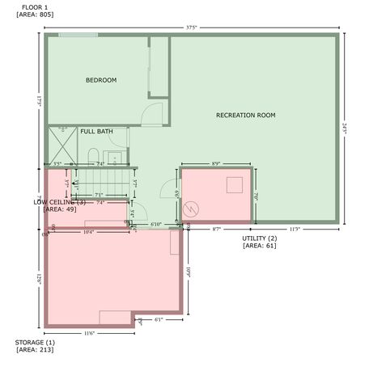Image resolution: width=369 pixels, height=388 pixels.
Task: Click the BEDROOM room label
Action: point(102,80)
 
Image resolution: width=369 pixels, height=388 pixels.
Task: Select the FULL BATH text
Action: point(96,131)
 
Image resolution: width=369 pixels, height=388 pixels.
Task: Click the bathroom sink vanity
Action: point(114,157)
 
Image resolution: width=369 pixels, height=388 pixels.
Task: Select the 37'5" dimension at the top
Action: point(191,27)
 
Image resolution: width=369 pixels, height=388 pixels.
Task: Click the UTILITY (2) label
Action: point(260,238)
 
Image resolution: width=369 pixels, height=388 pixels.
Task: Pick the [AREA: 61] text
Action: point(260,246)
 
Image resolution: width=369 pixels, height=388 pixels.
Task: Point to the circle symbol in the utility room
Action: point(192,209)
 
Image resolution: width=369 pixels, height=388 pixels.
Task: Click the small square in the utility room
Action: point(235,184)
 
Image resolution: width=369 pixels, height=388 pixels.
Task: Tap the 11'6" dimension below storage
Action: point(90,333)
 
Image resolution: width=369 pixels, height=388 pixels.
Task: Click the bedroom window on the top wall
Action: point(79,35)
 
